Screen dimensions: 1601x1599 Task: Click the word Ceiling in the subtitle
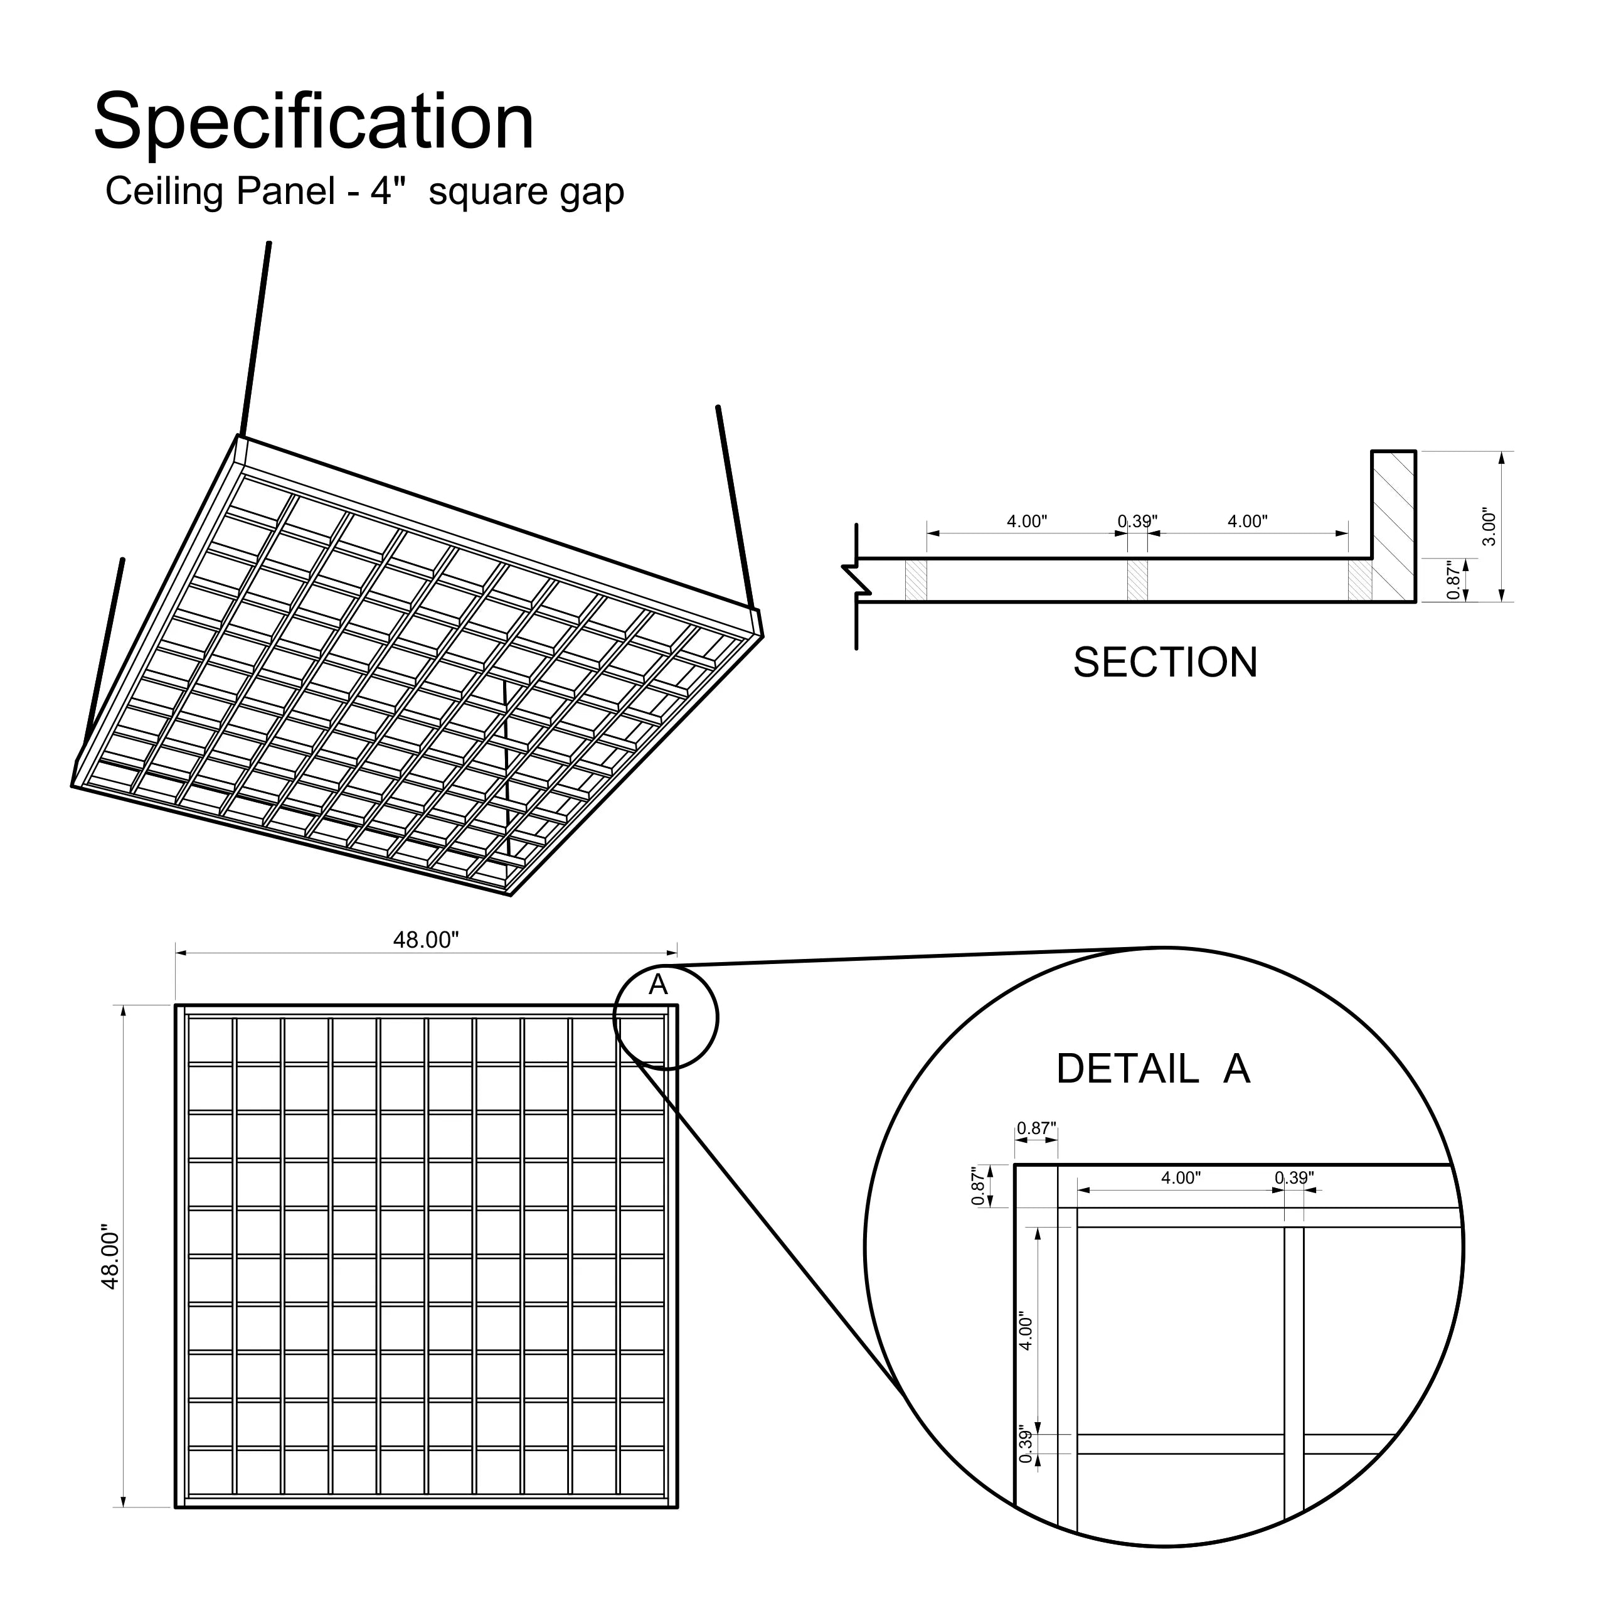click(x=164, y=191)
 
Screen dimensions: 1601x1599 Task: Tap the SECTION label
click(x=1165, y=663)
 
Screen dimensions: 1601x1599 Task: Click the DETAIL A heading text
click(x=1152, y=1069)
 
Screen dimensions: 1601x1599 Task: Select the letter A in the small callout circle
click(x=658, y=985)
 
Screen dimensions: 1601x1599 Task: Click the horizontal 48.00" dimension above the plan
click(x=425, y=940)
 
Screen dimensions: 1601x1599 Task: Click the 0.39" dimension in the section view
click(x=1137, y=522)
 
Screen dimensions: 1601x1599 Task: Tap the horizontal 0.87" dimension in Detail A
click(x=1036, y=1128)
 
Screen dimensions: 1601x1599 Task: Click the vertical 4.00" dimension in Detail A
click(x=1026, y=1331)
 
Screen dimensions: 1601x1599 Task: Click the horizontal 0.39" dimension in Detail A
click(x=1294, y=1177)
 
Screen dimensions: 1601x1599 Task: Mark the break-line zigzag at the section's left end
click(x=856, y=580)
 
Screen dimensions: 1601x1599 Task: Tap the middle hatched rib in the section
click(x=1137, y=580)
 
